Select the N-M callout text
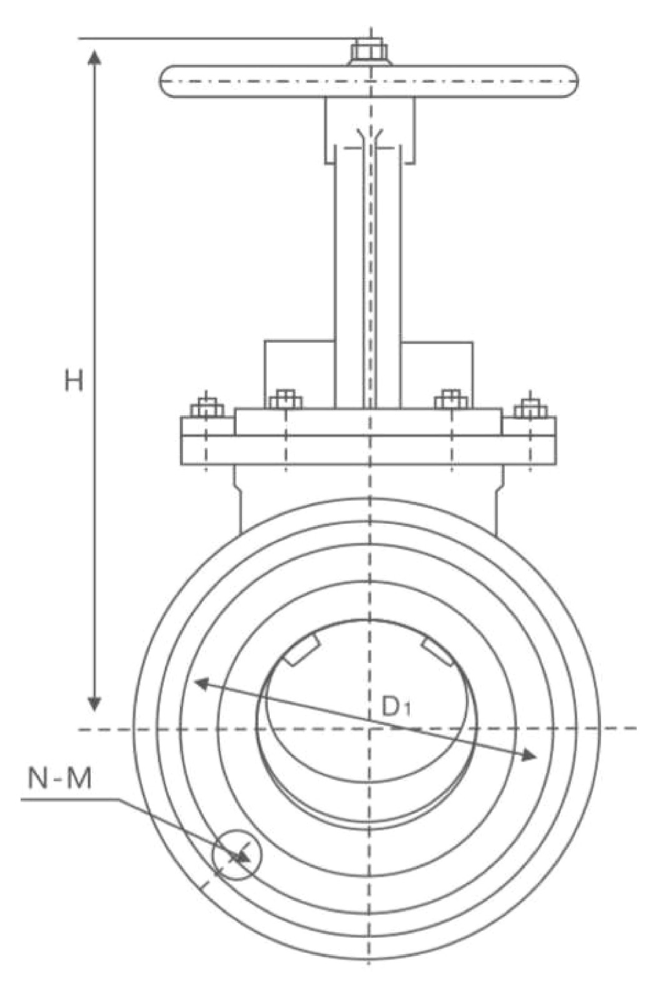[x=60, y=779]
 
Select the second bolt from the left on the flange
[x=286, y=400]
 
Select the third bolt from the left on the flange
[x=451, y=400]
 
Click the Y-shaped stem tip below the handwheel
[x=370, y=136]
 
